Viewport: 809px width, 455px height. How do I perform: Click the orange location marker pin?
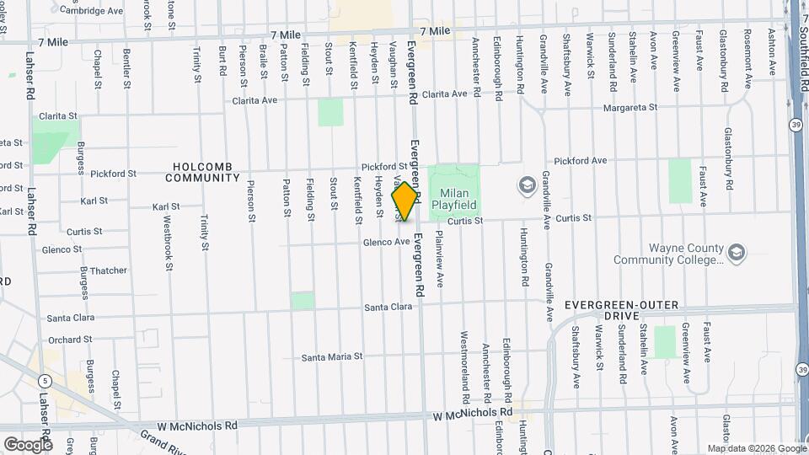pyautogui.click(x=405, y=201)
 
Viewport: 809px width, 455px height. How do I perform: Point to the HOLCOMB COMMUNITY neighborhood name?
pyautogui.click(x=203, y=172)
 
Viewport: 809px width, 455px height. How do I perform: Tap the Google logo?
pyautogui.click(x=28, y=444)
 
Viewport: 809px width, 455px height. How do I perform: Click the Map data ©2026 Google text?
pyautogui.click(x=755, y=448)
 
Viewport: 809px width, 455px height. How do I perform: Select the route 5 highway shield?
pyautogui.click(x=43, y=382)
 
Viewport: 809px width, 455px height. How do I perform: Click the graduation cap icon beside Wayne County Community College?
pyautogui.click(x=737, y=252)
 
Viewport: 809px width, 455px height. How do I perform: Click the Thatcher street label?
pyautogui.click(x=107, y=270)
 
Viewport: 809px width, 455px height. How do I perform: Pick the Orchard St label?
pyautogui.click(x=70, y=340)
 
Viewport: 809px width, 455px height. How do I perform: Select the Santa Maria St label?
pyautogui.click(x=332, y=357)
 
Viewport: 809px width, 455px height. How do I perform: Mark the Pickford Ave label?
pyautogui.click(x=580, y=160)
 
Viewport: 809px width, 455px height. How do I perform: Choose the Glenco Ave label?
pyautogui.click(x=386, y=242)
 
